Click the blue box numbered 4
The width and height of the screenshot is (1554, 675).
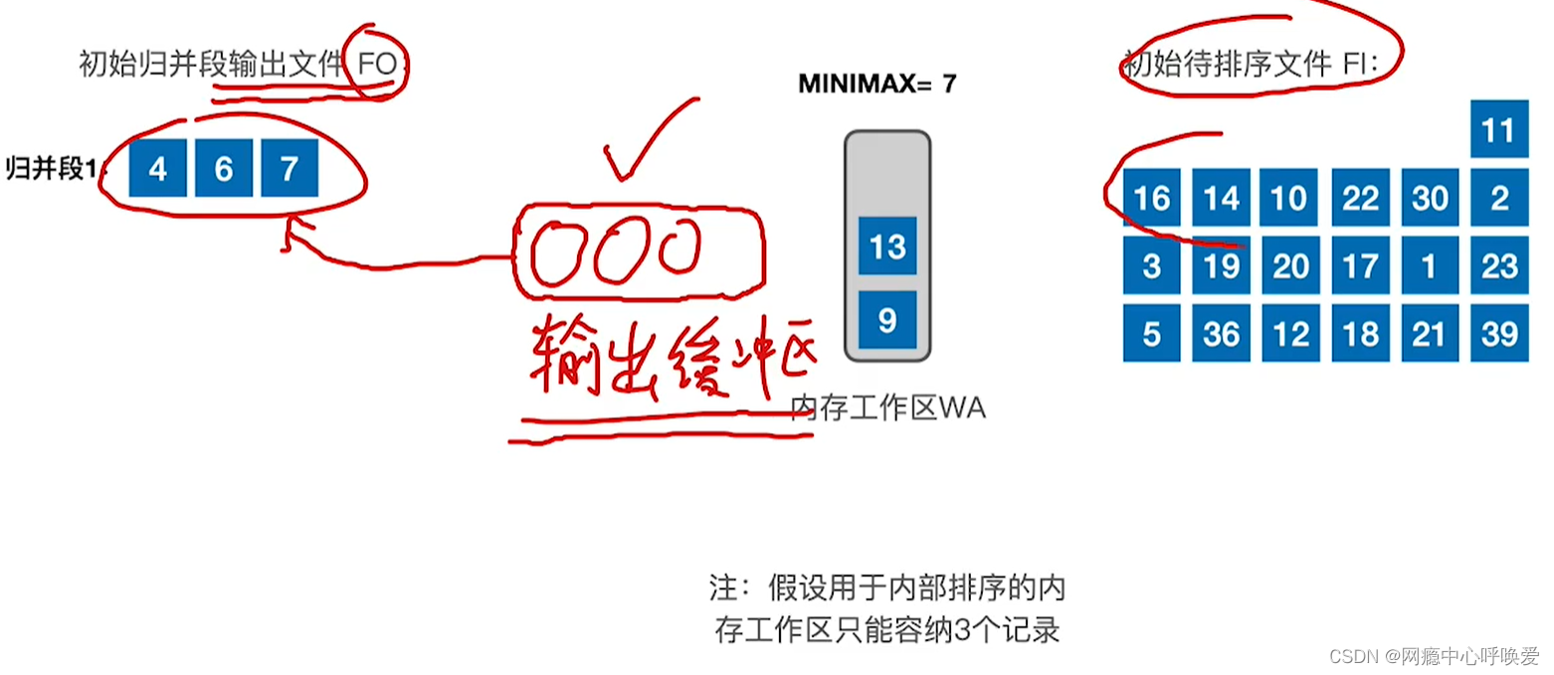[x=157, y=169]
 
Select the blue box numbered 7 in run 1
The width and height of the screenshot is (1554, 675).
[x=290, y=169]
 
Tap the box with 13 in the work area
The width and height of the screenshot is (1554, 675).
[x=887, y=246]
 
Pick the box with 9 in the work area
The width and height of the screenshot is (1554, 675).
[x=887, y=319]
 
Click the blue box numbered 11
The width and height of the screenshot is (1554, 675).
[x=1497, y=130]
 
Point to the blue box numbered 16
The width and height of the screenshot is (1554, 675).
[x=1151, y=198]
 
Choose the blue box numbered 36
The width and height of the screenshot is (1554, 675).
[x=1221, y=333]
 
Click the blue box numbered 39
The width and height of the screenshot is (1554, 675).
[x=1497, y=333]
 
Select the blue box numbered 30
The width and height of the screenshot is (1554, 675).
[x=1430, y=198]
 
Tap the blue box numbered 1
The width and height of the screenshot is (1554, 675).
[x=1430, y=265]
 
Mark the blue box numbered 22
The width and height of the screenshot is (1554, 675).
[x=1360, y=198]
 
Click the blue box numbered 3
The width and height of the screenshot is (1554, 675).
[x=1151, y=265]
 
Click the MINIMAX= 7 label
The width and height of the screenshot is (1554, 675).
[x=876, y=84]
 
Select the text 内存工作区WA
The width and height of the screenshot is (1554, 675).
[x=887, y=408]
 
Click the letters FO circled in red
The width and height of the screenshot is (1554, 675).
[x=377, y=65]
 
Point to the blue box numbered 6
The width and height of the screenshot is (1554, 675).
[x=223, y=169]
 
